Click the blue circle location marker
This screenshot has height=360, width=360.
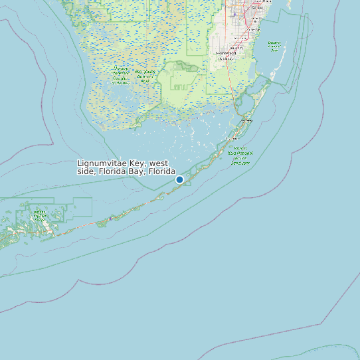click(179, 179)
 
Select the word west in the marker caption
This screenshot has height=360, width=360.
click(159, 163)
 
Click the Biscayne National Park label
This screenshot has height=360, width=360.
click(274, 46)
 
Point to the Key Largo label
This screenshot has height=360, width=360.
click(248, 121)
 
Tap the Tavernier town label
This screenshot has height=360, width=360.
click(230, 138)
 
